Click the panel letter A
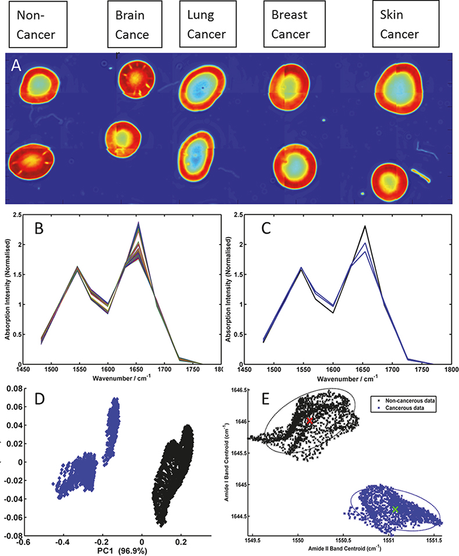tap(17, 66)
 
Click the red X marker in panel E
tap(310, 420)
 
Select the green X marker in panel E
tap(395, 509)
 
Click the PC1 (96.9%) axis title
tap(113, 547)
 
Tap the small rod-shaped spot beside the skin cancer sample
tap(421, 175)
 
